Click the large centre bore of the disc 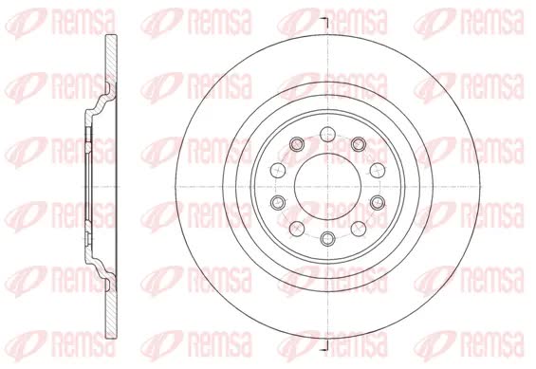(328, 187)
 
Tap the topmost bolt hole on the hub (328, 134)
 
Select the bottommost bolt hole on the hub (328, 238)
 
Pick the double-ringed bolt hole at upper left (297, 144)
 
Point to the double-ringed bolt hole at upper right (359, 144)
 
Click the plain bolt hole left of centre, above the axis (278, 169)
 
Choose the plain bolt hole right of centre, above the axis (378, 169)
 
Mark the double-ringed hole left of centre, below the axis (278, 203)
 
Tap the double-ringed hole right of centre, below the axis (378, 203)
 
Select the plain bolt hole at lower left (297, 229)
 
